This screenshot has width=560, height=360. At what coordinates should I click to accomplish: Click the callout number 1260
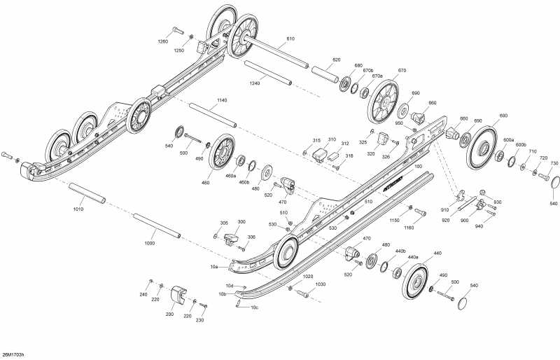point(162,41)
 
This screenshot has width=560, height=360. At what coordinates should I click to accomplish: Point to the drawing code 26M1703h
point(15,354)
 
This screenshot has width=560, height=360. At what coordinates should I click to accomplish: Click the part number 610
point(290,39)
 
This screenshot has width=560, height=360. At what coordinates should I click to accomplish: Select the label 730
point(554,163)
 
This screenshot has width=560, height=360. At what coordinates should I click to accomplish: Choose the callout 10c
point(254,307)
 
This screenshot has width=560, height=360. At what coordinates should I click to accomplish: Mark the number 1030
point(321,284)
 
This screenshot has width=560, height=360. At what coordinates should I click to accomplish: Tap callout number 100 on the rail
point(418,167)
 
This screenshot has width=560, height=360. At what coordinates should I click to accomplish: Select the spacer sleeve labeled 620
point(325,71)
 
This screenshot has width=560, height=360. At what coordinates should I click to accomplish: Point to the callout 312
point(345,143)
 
